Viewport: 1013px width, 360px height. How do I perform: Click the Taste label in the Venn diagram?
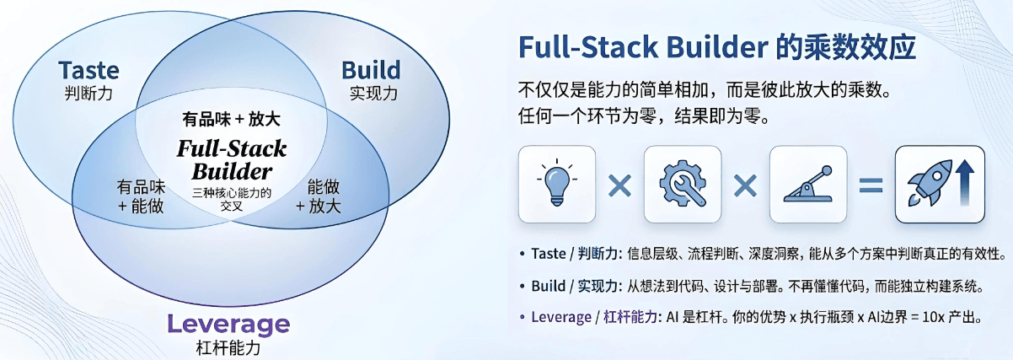(88, 70)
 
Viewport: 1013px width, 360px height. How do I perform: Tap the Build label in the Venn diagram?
(371, 70)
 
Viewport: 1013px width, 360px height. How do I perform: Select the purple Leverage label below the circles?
(228, 324)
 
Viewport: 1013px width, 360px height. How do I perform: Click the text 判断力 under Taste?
(88, 93)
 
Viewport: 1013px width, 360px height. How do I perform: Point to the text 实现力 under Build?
(372, 93)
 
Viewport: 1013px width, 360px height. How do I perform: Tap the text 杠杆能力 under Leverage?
(228, 346)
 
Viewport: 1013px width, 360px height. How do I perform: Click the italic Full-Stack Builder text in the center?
(232, 160)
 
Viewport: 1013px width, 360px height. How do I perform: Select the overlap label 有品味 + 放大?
(231, 119)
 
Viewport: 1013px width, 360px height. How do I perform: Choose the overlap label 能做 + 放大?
(318, 196)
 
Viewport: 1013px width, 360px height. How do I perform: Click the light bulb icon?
(556, 184)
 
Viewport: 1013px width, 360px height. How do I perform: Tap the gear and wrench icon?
(682, 184)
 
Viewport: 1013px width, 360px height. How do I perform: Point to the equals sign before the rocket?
(870, 185)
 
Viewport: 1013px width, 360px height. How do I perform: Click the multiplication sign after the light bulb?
(619, 185)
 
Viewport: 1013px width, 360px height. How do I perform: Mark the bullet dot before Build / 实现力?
(523, 287)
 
